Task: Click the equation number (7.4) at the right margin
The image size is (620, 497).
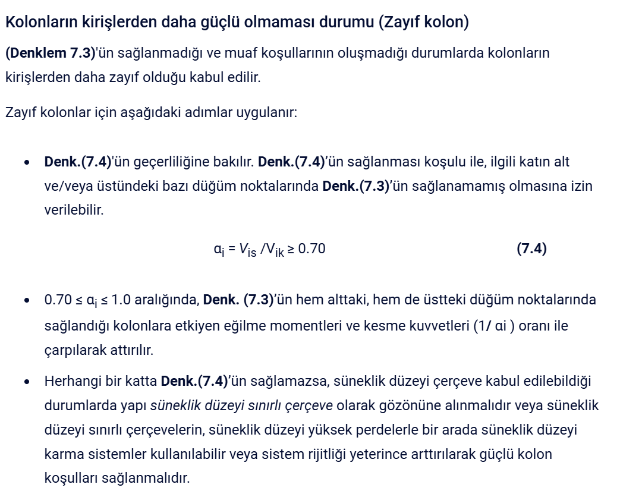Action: (x=531, y=248)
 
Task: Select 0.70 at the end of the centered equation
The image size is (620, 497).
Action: (x=311, y=248)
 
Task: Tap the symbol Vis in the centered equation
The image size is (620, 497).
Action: (x=248, y=250)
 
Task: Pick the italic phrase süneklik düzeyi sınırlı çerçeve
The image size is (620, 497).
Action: (x=241, y=406)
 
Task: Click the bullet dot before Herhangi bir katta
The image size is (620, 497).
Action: (x=27, y=382)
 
